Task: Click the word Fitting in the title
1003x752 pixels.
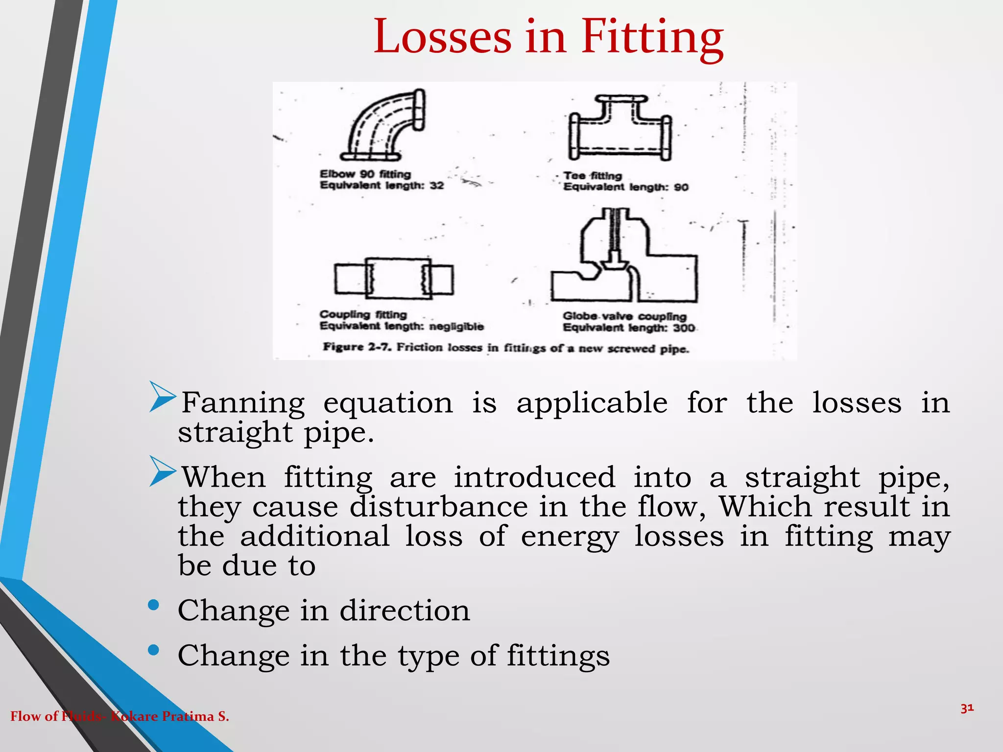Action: [x=652, y=37]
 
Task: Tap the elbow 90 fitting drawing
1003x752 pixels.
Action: [x=384, y=125]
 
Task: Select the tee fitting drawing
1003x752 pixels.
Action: [x=620, y=128]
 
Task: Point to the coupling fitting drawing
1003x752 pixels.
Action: [x=394, y=278]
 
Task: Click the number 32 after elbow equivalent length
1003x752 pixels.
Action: [x=436, y=186]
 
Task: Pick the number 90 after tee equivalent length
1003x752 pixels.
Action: [x=681, y=188]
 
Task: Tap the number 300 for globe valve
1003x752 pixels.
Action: [x=684, y=328]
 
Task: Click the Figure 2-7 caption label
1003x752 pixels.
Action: [x=357, y=347]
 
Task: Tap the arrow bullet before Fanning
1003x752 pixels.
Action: [x=163, y=397]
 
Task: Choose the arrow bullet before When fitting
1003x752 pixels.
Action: [x=163, y=471]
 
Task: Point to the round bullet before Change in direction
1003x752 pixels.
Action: [x=153, y=605]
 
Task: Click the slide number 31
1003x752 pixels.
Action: [x=967, y=708]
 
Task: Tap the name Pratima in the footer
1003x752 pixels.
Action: [x=189, y=716]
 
